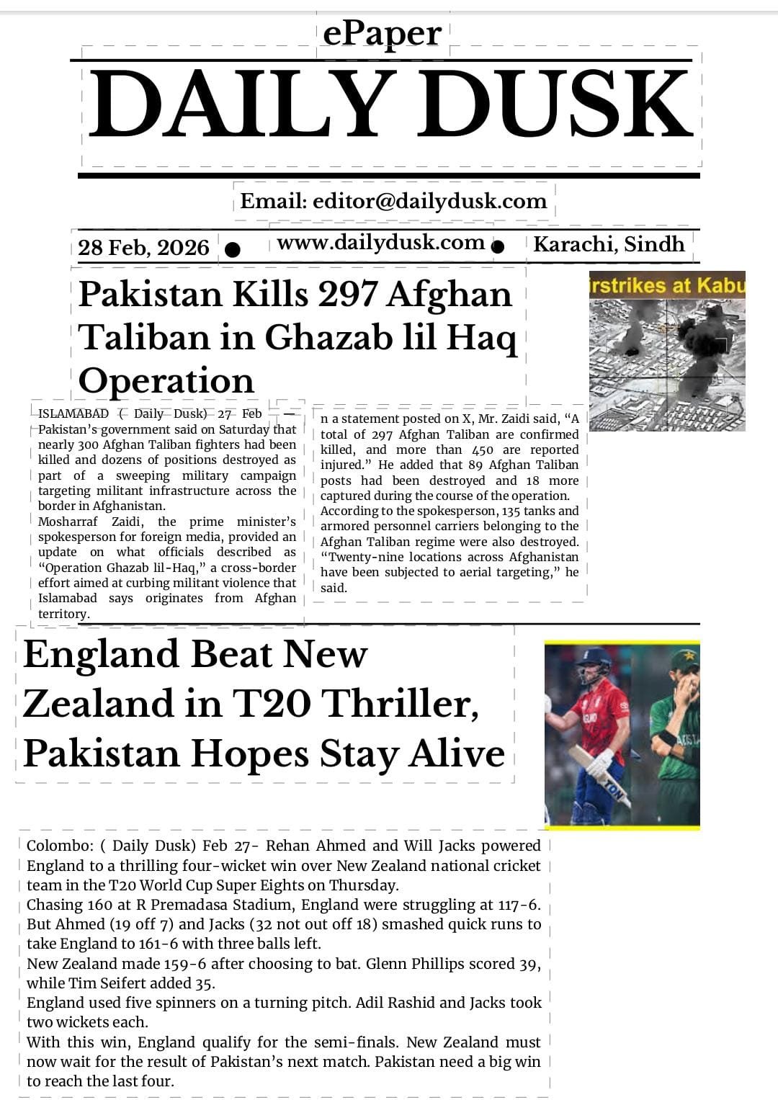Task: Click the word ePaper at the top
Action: [382, 33]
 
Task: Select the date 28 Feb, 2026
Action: [143, 248]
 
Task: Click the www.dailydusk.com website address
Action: [380, 243]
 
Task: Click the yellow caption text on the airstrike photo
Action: [667, 286]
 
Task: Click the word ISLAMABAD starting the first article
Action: [73, 413]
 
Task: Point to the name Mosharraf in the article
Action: [69, 522]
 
